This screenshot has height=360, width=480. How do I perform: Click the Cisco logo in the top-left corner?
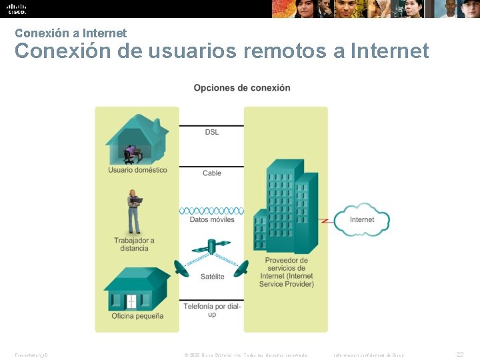pos(17,9)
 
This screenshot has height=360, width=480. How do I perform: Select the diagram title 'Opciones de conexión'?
pos(242,88)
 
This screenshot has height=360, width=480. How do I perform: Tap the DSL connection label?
pos(211,132)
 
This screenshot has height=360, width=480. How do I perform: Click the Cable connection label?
pos(212,173)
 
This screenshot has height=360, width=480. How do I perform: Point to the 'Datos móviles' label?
pos(212,219)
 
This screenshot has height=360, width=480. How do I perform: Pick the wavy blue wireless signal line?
pos(211,211)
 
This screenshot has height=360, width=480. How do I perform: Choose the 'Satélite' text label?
pos(212,276)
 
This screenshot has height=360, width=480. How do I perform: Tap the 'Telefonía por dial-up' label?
pos(212,310)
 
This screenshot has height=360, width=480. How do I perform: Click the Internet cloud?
pos(361,219)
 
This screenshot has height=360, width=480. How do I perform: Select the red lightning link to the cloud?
pos(325,219)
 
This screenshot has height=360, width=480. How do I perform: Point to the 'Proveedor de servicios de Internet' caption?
pos(286,272)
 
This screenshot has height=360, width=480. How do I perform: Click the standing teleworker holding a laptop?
pos(135,211)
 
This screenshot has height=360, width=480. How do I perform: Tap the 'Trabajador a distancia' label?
pos(134,245)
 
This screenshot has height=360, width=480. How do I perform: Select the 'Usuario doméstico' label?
pos(137,170)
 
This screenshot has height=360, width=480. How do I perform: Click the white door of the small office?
pos(131,302)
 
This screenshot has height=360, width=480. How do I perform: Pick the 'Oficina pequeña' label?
pos(137,316)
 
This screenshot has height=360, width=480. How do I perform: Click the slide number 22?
pos(460,355)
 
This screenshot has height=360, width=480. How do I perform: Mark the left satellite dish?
pos(181,268)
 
